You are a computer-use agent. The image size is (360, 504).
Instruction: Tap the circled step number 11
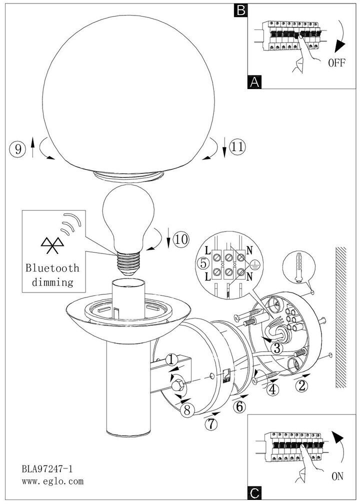click(237, 147)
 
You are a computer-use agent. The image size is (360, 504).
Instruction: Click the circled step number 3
click(277, 348)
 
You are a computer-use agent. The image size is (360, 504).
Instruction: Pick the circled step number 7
click(211, 424)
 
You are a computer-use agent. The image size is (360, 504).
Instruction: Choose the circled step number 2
click(301, 385)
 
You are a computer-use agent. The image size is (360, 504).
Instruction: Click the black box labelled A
click(254, 82)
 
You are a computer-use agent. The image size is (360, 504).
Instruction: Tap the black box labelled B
click(241, 10)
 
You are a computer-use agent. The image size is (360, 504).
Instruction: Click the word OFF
click(336, 62)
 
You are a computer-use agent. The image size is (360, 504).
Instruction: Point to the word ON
click(337, 476)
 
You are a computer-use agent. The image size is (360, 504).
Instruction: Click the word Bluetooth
click(52, 268)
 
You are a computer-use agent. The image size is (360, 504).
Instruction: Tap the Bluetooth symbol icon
click(52, 246)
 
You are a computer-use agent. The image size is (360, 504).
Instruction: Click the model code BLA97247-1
click(47, 469)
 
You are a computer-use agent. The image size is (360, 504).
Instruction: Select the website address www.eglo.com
click(52, 481)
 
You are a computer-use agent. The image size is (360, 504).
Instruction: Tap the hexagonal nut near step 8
click(178, 385)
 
